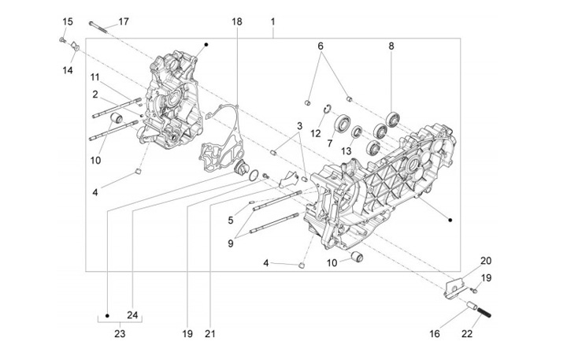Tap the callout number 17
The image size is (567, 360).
[123, 20]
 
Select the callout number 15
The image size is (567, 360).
[67, 20]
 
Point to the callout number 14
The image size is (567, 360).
[68, 70]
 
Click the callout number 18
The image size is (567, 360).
[236, 20]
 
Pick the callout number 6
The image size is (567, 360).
[321, 46]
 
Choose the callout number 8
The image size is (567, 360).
[391, 46]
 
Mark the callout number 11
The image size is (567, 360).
[94, 76]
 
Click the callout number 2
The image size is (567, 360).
[94, 94]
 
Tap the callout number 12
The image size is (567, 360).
[315, 133]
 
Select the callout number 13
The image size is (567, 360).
[346, 150]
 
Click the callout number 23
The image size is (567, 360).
[119, 333]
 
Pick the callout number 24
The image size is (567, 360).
[132, 316]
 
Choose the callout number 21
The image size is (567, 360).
[210, 333]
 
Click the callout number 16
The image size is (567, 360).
[435, 334]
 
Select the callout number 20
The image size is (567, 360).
[485, 261]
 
